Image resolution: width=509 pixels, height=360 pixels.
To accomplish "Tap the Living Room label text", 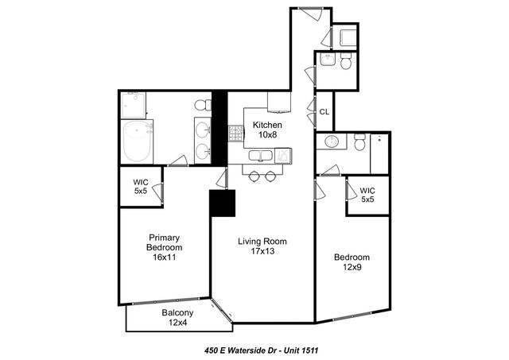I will (x=262, y=247).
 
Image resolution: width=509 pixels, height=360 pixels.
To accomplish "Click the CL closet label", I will (x=324, y=112).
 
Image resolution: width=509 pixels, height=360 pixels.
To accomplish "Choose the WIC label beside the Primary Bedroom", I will (x=140, y=186).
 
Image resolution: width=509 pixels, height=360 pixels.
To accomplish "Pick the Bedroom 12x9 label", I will (x=352, y=262).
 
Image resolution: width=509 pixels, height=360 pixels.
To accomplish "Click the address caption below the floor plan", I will (x=262, y=349).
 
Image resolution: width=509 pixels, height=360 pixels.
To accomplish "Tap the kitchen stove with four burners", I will (x=236, y=134).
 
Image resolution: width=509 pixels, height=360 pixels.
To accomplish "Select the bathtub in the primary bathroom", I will (x=142, y=141).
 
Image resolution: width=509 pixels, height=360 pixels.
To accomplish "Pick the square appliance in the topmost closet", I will (x=348, y=37).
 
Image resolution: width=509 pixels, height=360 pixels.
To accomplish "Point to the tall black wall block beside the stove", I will (x=220, y=127).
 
